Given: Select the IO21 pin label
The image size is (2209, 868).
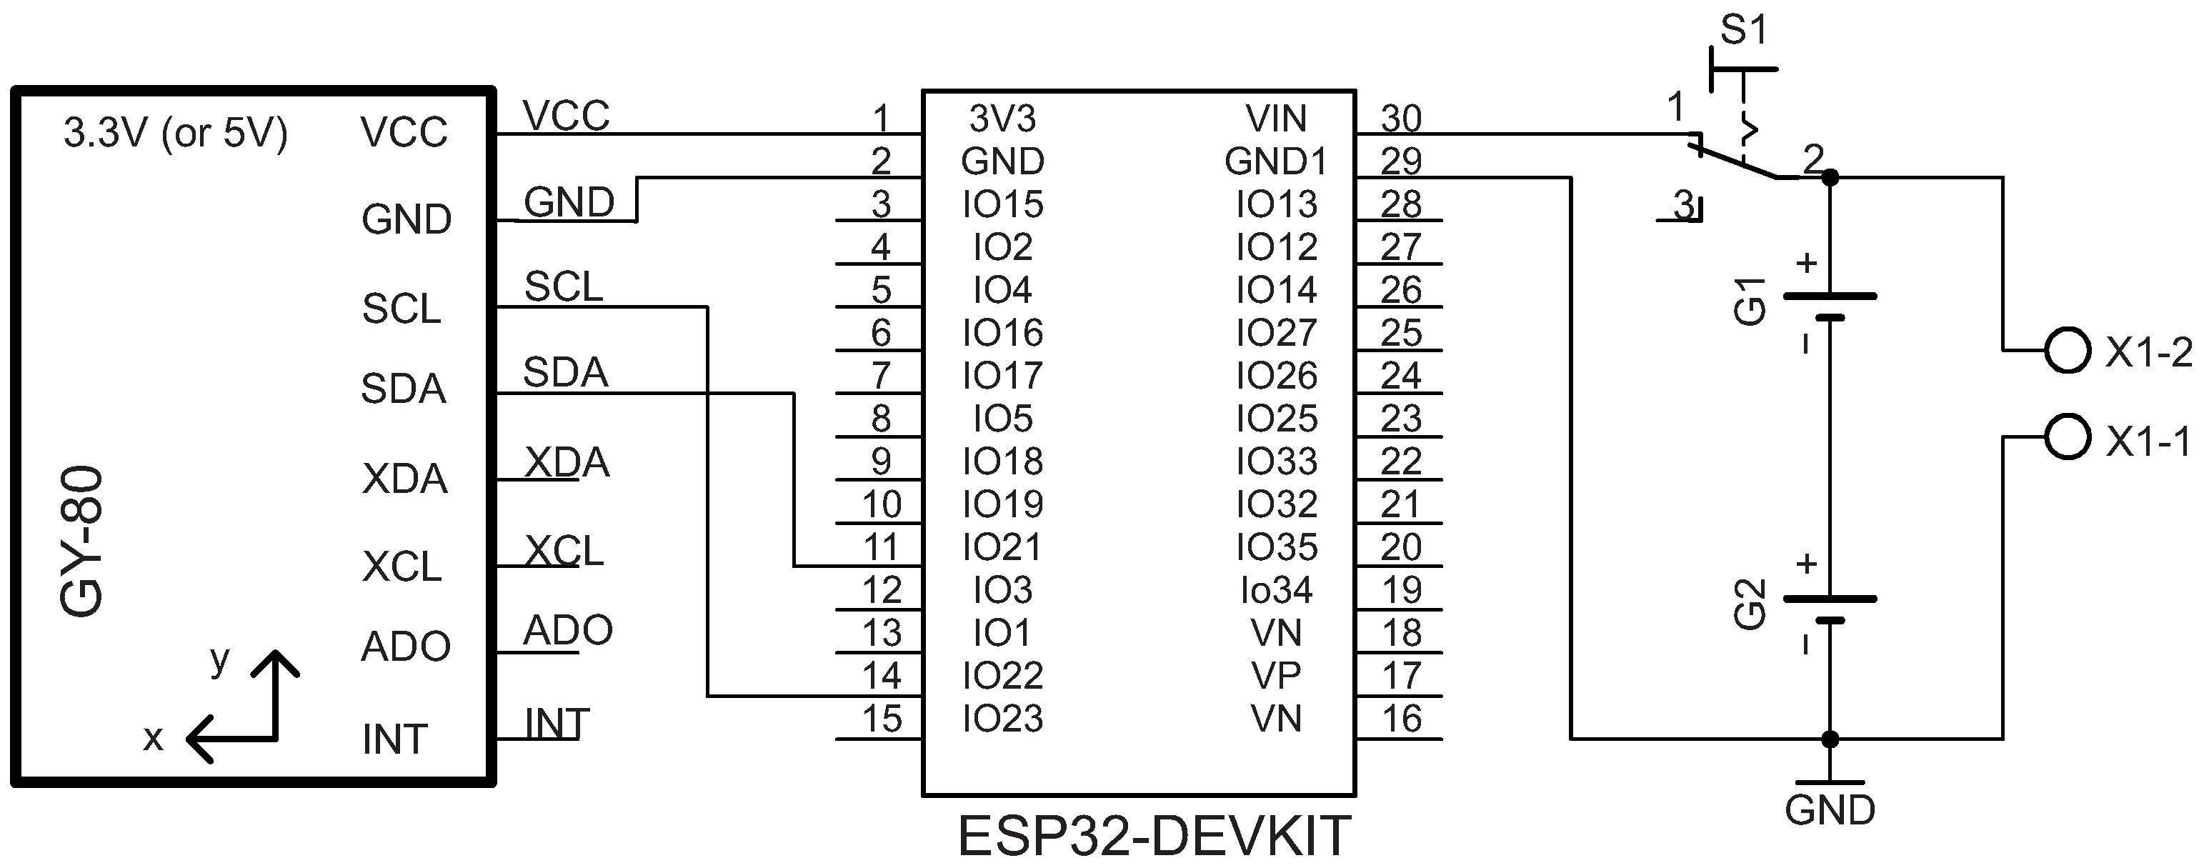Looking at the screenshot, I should click(1002, 547).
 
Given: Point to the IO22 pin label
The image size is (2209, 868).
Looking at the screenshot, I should click(1002, 676).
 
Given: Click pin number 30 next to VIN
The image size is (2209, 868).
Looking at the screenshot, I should click(1401, 119).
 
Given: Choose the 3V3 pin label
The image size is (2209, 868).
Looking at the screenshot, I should click(1002, 119).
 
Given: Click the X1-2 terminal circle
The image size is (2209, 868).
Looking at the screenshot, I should click(2067, 350).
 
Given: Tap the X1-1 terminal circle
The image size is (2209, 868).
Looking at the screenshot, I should click(2067, 437).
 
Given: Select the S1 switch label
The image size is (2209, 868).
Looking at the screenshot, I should click(1744, 31).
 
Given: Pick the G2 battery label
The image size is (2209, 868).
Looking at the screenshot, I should click(1750, 604).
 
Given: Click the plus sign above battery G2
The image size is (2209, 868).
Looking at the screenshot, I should click(1806, 564).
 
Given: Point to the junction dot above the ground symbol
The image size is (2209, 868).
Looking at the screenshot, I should click(1830, 739).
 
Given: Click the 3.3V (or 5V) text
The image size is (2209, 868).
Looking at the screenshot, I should click(176, 133).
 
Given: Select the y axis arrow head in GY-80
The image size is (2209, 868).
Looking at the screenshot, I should click(275, 660).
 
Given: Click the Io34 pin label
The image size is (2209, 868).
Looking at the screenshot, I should click(1276, 590).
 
